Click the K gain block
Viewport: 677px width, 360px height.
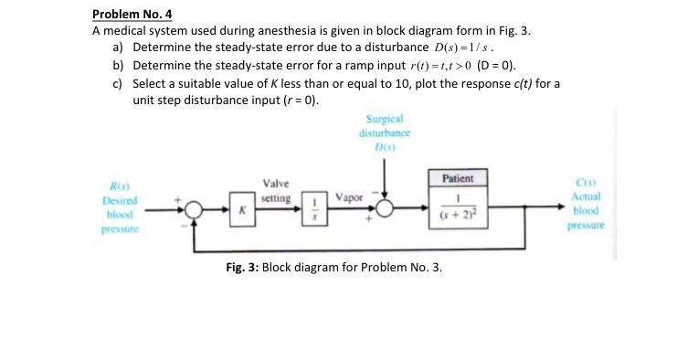[243, 208]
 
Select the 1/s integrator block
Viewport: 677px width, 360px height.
[316, 208]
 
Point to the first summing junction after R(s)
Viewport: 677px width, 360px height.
[195, 208]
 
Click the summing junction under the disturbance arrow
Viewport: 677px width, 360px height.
[386, 208]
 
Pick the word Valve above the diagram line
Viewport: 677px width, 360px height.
[276, 185]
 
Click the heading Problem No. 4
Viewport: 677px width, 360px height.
[132, 14]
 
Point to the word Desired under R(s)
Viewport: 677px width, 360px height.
[119, 201]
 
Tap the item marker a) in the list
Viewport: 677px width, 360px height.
[119, 47]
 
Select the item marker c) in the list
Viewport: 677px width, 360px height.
[119, 83]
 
